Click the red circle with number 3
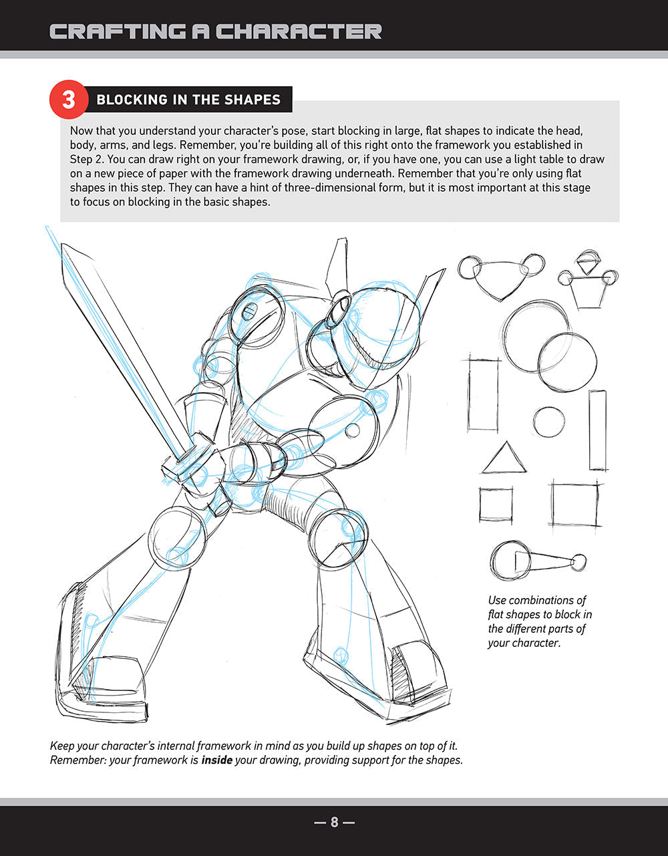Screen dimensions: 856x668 (69, 100)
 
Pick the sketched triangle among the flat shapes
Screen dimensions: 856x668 (504, 459)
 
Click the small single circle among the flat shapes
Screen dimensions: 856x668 (548, 422)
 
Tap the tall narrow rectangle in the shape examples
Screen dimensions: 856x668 (598, 430)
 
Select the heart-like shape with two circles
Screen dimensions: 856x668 (502, 275)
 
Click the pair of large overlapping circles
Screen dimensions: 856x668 (548, 346)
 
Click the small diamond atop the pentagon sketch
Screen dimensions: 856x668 (588, 261)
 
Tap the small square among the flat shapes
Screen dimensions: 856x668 (496, 505)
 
